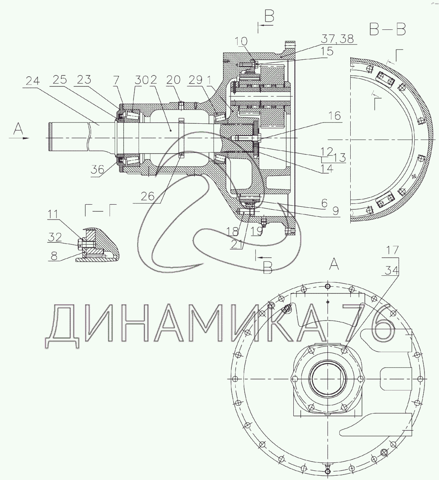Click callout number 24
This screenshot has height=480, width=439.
tap(33, 81)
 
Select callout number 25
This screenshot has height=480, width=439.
tap(60, 80)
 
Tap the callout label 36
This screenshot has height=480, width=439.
tap(98, 169)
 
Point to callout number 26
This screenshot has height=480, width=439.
tap(148, 196)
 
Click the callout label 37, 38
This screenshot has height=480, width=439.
tap(337, 39)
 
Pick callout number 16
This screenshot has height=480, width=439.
tap(335, 116)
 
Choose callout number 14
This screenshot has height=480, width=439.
tap(327, 169)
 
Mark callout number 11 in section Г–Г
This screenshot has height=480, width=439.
tap(53, 214)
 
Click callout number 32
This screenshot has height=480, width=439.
tap(55, 237)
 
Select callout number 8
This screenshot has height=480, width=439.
tap(54, 256)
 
